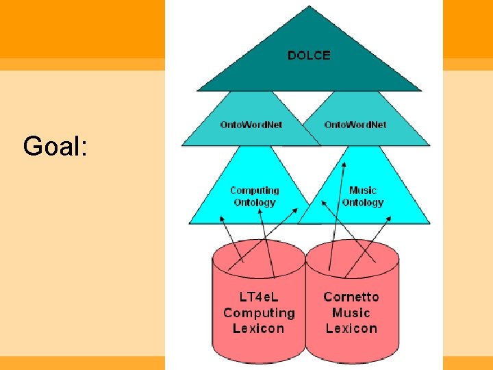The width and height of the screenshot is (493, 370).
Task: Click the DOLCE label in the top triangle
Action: pos(309,56)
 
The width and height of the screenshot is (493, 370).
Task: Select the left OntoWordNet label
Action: pos(251,125)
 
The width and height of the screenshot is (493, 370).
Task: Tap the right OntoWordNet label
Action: pos(355,125)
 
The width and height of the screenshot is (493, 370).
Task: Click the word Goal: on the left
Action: pos(55,146)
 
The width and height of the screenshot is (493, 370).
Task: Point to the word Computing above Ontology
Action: pos(255,190)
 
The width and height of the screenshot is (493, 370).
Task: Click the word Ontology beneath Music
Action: pos(363,202)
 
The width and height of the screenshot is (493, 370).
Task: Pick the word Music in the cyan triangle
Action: pos(363,190)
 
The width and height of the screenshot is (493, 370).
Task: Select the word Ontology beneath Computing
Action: pos(255,202)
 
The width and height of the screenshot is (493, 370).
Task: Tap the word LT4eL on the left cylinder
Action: pos(259,297)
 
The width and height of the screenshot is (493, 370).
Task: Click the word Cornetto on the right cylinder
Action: pos(351,297)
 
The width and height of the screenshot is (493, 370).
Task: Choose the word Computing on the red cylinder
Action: pos(259,313)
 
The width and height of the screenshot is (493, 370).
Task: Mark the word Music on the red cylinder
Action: pos(351,313)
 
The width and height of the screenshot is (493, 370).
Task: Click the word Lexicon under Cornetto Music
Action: pos(351,329)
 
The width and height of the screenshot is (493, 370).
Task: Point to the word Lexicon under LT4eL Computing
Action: pos(259,329)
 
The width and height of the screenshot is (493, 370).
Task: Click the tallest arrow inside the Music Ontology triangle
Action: pos(338,212)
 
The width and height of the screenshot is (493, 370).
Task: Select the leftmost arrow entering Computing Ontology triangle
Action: pos(229,240)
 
